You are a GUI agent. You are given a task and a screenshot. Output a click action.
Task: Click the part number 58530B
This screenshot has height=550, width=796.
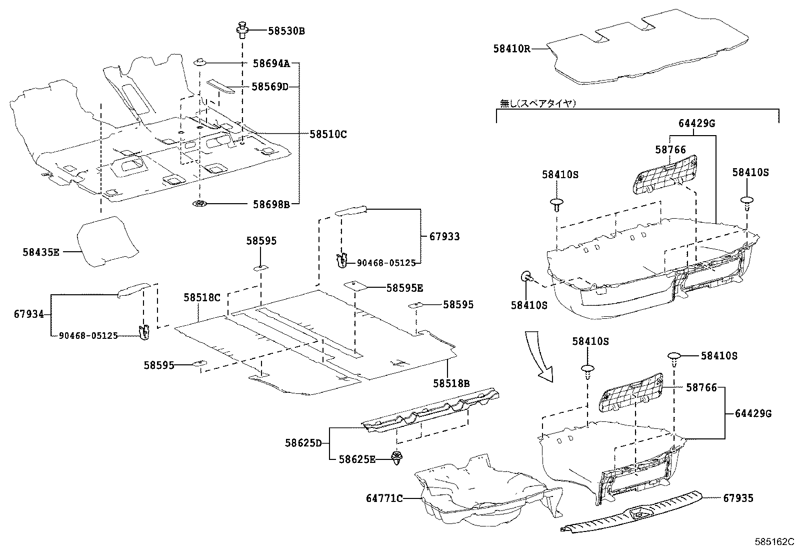pyautogui.click(x=286, y=31)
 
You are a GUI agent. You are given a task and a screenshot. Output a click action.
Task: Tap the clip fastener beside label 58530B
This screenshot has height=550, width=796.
pyautogui.click(x=243, y=30)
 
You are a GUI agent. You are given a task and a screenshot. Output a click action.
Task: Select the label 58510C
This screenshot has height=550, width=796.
pyautogui.click(x=327, y=134)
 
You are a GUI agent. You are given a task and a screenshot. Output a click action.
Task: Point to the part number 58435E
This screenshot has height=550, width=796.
pyautogui.click(x=40, y=252)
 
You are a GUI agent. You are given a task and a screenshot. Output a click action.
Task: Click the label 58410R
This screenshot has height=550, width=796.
pyautogui.click(x=511, y=49)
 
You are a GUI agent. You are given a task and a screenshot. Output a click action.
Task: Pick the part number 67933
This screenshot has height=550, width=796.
pyautogui.click(x=444, y=236)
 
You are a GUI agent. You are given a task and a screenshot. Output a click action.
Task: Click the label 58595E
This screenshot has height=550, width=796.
pyautogui.click(x=404, y=288)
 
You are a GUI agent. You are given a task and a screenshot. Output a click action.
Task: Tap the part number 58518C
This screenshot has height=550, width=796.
pyautogui.click(x=201, y=297)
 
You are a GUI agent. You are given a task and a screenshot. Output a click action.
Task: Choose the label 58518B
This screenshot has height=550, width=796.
pyautogui.click(x=451, y=383)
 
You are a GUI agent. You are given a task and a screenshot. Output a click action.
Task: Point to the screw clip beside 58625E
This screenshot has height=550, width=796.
pyautogui.click(x=397, y=458)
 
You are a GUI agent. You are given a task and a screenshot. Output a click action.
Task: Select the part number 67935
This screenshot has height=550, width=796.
pyautogui.click(x=738, y=498)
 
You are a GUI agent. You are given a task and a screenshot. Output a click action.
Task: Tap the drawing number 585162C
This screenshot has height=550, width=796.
pyautogui.click(x=774, y=541)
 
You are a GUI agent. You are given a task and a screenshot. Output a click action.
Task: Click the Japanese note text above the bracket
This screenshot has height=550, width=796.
pyautogui.click(x=538, y=104)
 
